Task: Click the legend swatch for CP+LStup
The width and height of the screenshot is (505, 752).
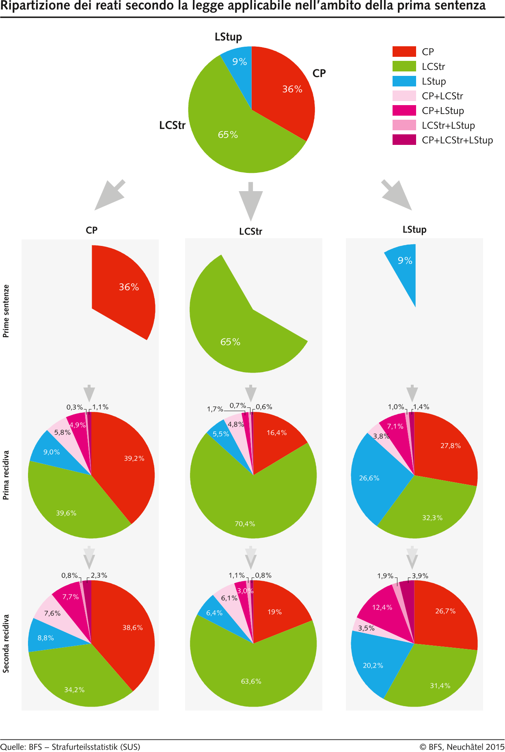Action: point(404,110)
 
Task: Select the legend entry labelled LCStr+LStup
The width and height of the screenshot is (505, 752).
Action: point(448,125)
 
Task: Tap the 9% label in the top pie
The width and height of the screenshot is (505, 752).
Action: point(240,62)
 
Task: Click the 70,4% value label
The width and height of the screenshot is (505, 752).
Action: point(245,524)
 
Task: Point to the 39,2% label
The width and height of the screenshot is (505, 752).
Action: point(134,458)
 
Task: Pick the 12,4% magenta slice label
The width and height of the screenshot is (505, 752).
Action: point(382,608)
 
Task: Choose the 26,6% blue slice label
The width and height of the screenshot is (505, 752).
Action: point(369,478)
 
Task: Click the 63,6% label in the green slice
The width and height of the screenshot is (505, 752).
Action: point(251,681)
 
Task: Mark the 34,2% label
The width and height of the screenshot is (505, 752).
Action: point(74,690)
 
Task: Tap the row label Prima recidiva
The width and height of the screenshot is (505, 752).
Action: point(6,475)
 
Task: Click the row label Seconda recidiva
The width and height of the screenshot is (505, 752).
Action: point(6,643)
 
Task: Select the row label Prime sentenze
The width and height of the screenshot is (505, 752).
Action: point(6,311)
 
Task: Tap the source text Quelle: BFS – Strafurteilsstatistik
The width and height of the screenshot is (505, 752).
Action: point(70,747)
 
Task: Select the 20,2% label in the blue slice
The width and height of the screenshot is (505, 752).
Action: point(373,666)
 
